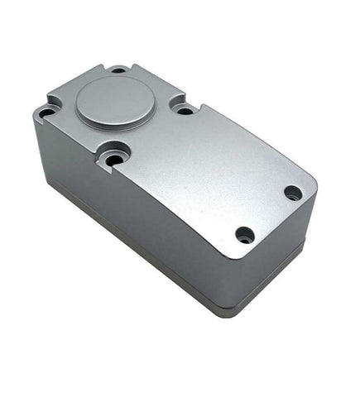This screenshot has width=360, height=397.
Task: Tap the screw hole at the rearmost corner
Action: [x=118, y=70]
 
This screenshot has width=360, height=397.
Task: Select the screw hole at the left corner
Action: [x=49, y=109]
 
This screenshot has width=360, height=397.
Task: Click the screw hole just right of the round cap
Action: [x=185, y=108]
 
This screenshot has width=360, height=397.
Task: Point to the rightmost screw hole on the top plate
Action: [x=293, y=193]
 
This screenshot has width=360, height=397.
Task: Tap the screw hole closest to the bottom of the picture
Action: [x=244, y=234]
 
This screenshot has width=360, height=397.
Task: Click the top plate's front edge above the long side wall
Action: [x=166, y=211]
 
